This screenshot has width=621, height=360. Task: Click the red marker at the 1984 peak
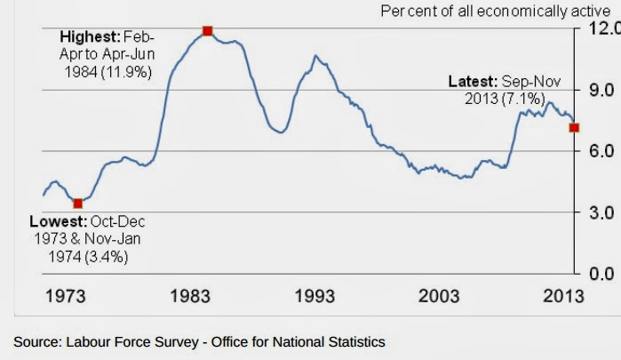tap(207, 31)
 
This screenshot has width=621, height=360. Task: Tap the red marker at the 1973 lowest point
tap(78, 204)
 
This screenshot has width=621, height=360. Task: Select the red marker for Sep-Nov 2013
tap(574, 127)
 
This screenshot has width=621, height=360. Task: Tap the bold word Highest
tap(90, 37)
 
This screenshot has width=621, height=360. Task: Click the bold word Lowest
tap(58, 221)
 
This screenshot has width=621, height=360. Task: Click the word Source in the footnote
tap(34, 340)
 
